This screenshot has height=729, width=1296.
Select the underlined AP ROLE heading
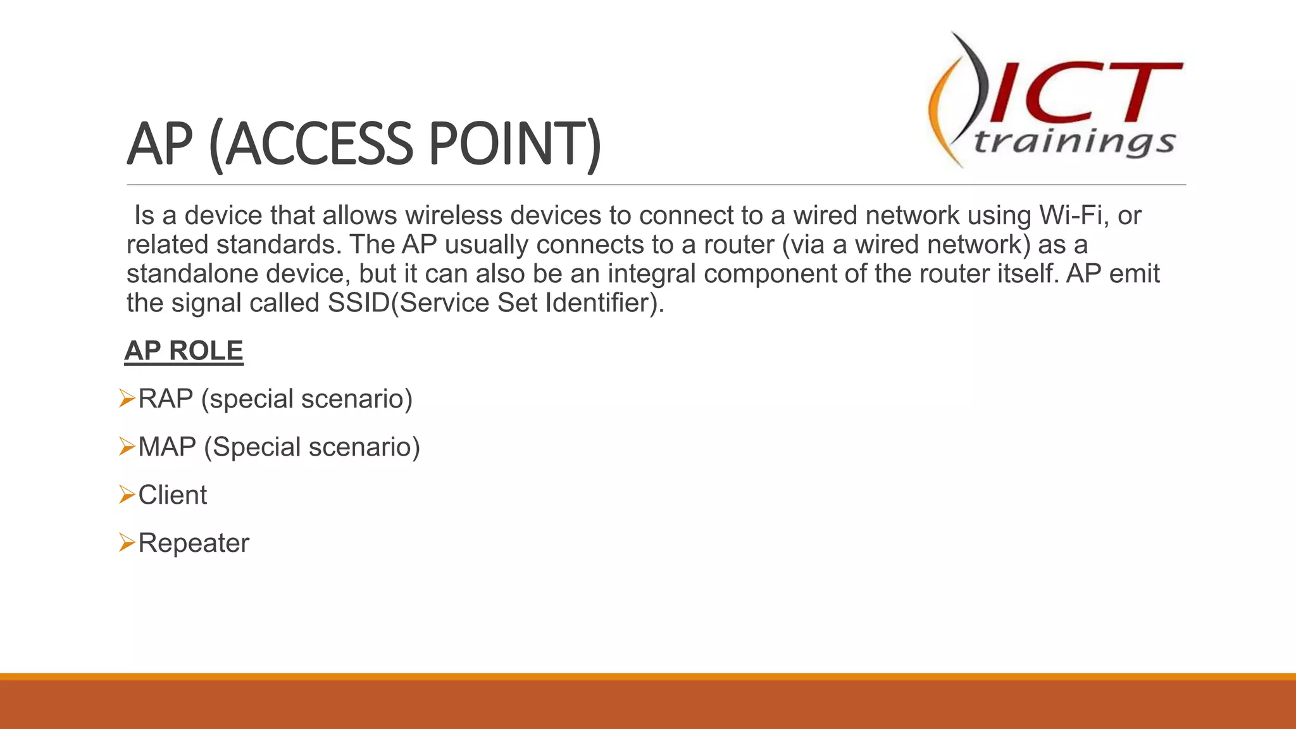point(184,351)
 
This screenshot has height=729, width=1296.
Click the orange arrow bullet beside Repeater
point(127,543)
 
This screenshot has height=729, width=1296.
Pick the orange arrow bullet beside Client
point(127,495)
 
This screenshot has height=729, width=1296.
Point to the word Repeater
point(194,543)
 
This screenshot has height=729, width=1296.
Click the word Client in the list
point(172,495)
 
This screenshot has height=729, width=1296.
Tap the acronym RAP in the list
point(165,399)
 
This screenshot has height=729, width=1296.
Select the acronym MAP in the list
point(167,447)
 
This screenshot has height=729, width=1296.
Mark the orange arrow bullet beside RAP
point(127,399)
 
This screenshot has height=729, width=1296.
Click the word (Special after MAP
point(252,447)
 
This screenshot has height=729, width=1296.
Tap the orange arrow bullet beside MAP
point(127,447)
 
